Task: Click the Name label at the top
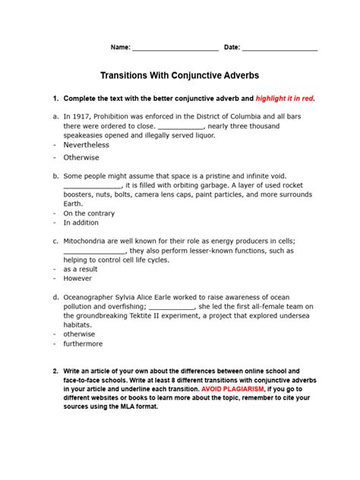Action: coord(120,47)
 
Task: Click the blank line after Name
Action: coord(175,48)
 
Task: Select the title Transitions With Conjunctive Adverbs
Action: coord(180,77)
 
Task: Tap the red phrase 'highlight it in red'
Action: coord(284,99)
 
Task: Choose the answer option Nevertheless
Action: coord(86,145)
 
